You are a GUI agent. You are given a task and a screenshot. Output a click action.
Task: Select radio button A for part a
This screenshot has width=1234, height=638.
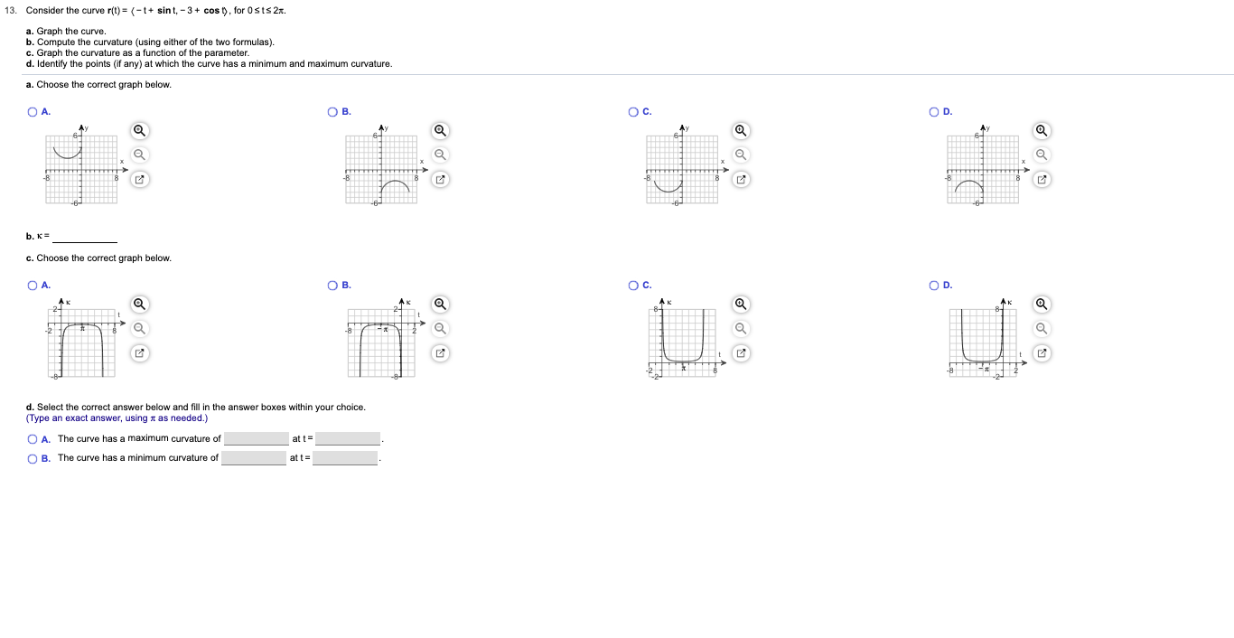tap(33, 112)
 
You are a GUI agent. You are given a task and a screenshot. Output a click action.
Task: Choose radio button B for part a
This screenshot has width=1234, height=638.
tap(333, 112)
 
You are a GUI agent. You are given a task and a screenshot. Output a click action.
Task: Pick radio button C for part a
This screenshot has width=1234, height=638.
tap(634, 112)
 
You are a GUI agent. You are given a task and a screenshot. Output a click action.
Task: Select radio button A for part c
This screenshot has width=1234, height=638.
tap(33, 286)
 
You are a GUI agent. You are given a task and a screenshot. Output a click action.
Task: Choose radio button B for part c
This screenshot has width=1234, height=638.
tap(333, 286)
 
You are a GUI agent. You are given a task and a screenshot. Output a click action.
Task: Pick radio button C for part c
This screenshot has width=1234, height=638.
tap(634, 286)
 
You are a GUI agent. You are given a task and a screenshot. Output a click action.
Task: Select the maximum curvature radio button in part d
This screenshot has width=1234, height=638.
tap(33, 439)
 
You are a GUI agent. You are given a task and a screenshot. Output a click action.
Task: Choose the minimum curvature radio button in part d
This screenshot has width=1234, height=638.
tap(33, 458)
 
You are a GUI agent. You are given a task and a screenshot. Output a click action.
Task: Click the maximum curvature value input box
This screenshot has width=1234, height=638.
tap(256, 439)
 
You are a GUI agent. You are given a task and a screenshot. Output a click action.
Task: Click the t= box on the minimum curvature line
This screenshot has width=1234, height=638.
tap(345, 458)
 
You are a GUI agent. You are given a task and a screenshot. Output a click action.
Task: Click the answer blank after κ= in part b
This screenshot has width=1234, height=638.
tap(85, 237)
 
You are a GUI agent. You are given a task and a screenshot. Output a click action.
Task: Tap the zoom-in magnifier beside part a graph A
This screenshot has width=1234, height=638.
tap(139, 130)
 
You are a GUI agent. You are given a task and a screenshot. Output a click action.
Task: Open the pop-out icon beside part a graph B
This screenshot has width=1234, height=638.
tap(440, 180)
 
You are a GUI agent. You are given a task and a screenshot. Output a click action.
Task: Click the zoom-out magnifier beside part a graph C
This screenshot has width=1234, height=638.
tap(741, 155)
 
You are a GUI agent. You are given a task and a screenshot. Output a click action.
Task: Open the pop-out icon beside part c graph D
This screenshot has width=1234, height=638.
tap(1042, 352)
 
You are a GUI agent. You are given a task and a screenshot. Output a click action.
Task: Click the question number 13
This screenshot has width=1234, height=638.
tap(13, 10)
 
